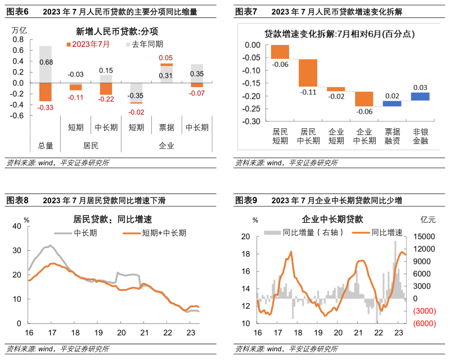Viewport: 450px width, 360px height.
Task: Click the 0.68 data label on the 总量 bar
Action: (x=46, y=62)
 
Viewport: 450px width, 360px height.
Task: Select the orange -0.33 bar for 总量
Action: (x=46, y=92)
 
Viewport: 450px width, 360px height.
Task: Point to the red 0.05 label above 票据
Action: (x=166, y=58)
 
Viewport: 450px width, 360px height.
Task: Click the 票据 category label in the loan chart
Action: (x=166, y=127)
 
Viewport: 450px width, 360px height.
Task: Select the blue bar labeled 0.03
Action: (x=420, y=96)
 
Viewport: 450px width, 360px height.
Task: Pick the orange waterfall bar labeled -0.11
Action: (x=309, y=73)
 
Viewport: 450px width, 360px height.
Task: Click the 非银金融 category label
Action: (x=420, y=136)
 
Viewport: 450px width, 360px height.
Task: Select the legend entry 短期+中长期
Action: (x=163, y=232)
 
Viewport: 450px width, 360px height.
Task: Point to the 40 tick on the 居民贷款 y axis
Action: (x=16, y=226)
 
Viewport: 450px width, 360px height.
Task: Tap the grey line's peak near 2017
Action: (x=50, y=246)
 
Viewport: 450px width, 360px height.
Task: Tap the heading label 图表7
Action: (x=246, y=12)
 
